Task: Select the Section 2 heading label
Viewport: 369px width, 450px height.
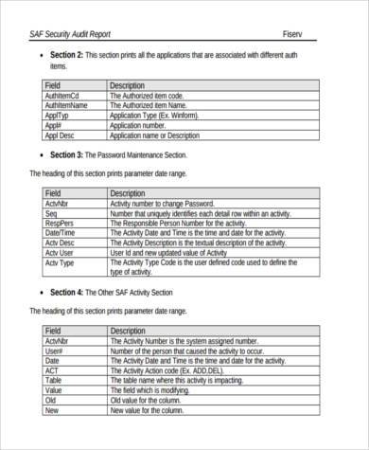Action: pyautogui.click(x=66, y=55)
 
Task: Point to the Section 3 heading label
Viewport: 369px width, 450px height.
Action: pyautogui.click(x=66, y=153)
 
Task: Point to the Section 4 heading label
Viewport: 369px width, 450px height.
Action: pyautogui.click(x=66, y=292)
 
